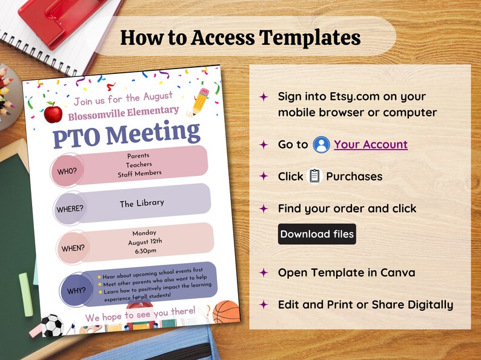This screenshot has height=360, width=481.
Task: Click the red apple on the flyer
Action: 53,112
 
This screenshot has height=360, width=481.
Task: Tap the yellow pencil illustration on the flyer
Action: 199,101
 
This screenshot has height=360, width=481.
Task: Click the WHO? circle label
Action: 67,171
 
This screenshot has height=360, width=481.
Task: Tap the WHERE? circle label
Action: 70,210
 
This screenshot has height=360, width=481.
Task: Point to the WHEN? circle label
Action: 73,248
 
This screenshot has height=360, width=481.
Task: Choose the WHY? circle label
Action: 76,290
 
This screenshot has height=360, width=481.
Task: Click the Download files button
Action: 317,234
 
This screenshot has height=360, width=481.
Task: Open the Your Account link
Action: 370,144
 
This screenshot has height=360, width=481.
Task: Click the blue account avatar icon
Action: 321,145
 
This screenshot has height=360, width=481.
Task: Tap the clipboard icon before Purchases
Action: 314,176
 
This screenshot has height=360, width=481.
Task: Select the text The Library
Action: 142,203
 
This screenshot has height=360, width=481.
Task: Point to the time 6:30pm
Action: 145,251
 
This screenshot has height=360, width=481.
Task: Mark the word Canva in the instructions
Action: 394,272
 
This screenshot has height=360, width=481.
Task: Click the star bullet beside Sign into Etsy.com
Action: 264,96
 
